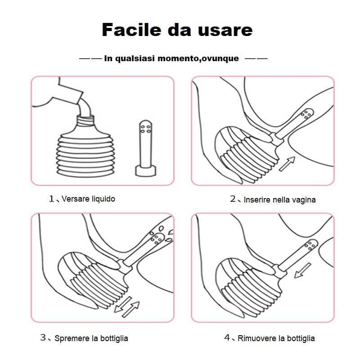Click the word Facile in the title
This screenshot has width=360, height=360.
[x=131, y=30]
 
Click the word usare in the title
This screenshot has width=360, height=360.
[x=225, y=30]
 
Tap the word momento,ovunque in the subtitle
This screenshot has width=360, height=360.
[x=198, y=58]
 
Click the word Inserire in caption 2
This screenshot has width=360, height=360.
[x=257, y=200]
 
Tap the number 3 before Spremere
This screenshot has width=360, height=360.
[x=43, y=337]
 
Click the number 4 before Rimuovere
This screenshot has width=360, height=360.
[x=227, y=337]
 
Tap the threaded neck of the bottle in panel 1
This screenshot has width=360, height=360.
[x=85, y=121]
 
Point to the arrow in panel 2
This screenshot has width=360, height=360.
[x=287, y=164]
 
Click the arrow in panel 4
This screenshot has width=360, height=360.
[x=302, y=270]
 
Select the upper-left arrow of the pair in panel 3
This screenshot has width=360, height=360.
[x=123, y=305]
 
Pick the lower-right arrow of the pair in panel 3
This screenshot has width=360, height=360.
[x=131, y=310]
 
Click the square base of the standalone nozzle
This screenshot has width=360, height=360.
[x=145, y=171]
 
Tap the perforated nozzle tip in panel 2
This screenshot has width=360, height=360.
[x=307, y=114]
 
